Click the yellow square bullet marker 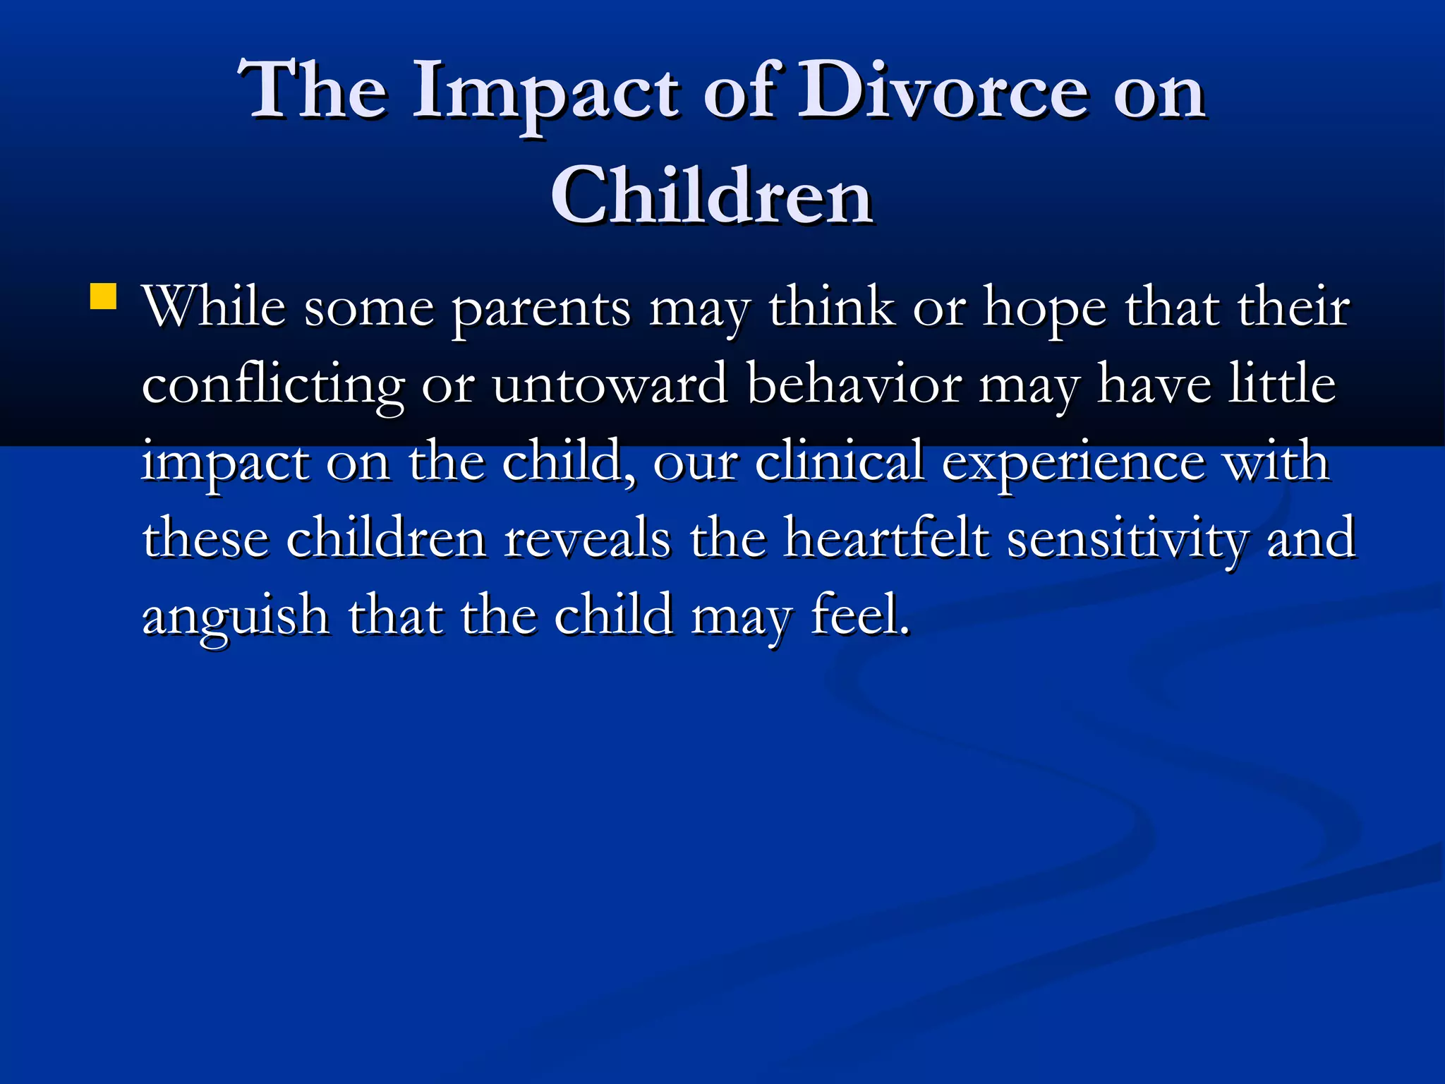104,296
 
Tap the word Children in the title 712,195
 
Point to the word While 214,307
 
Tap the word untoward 610,385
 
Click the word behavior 854,385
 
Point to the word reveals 587,538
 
